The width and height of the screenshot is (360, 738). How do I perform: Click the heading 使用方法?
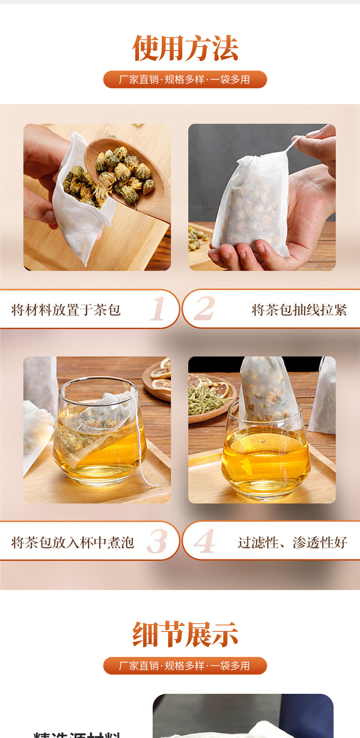[185, 48]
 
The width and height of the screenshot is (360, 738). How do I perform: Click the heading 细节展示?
[185, 634]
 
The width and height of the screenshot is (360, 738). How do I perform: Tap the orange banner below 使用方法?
[185, 79]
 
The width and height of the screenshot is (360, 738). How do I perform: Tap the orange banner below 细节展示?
[185, 666]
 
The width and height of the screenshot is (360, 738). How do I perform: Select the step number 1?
[158, 309]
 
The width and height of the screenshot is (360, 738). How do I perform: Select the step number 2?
[204, 309]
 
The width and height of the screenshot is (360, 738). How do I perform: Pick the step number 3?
[157, 541]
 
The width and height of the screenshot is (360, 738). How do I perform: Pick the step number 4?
[204, 541]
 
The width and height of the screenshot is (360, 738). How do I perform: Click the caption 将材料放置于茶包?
[66, 310]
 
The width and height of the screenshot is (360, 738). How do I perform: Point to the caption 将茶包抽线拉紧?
[299, 310]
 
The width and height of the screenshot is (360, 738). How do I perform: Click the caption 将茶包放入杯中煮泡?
[72, 542]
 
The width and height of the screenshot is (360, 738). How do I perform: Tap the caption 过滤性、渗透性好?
[292, 542]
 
